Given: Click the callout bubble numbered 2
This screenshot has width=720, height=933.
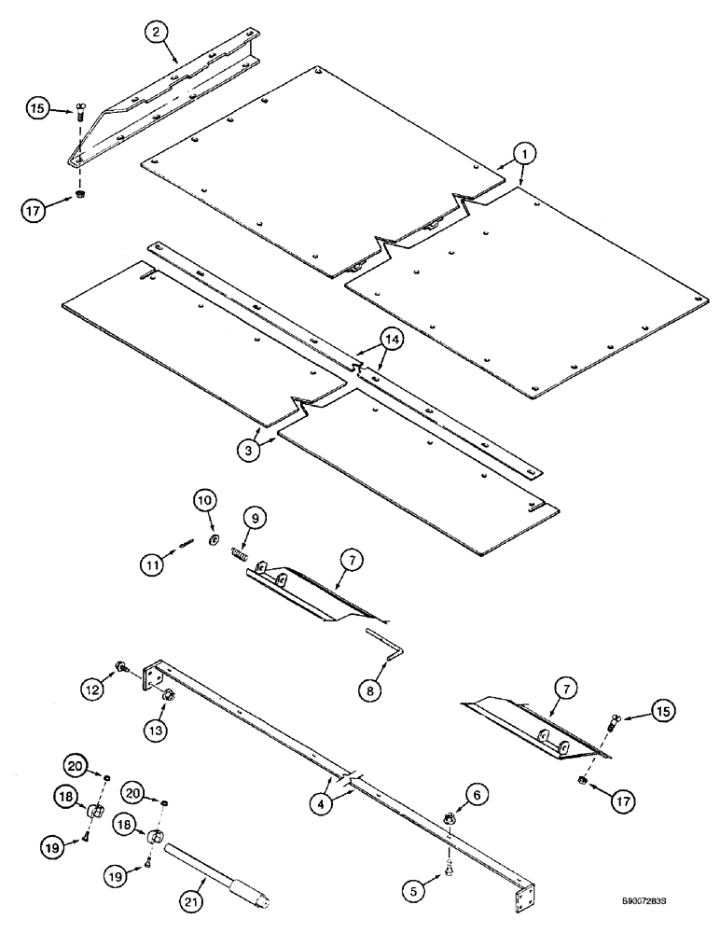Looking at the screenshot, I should [158, 32].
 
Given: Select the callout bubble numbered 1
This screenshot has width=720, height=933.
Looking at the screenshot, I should [525, 153].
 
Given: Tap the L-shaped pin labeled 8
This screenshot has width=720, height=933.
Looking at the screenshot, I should [382, 641].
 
